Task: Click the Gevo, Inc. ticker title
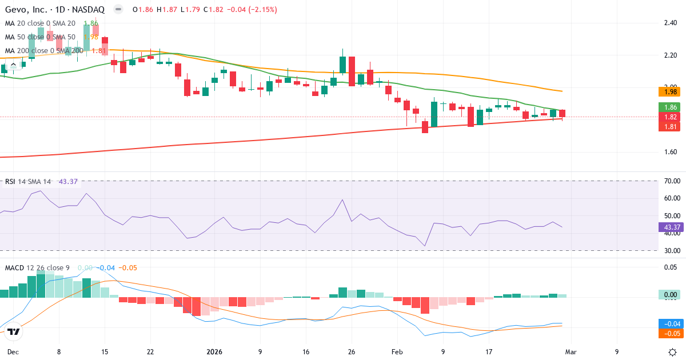coord(54,9)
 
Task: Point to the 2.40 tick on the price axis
coord(671,23)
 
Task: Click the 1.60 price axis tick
coord(671,152)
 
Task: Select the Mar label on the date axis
coord(571,351)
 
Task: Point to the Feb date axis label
coord(397,351)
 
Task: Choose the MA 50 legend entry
coord(40,37)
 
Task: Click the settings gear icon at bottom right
coord(673,351)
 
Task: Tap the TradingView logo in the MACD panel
coord(14,332)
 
